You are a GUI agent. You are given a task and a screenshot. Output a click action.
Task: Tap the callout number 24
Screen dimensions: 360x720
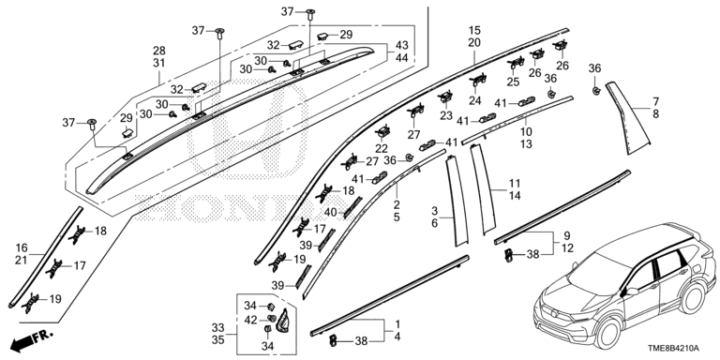click(474, 100)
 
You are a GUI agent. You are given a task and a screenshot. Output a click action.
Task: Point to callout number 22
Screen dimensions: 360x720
click(382, 149)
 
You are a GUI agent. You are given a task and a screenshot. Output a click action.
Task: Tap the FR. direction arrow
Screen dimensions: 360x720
click(29, 336)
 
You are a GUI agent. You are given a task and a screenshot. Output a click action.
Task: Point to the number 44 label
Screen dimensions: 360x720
click(401, 58)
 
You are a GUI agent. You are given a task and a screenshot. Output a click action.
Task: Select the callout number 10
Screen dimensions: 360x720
click(527, 132)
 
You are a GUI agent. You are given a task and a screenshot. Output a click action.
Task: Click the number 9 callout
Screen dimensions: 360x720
click(566, 235)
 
